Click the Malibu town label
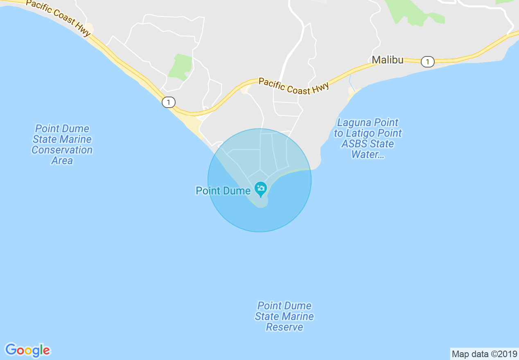point(387,60)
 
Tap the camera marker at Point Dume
point(260,189)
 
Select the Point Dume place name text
point(223,191)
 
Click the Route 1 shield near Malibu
point(427,62)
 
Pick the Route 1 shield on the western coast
point(168,102)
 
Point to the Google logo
point(27,350)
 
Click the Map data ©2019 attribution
point(484,354)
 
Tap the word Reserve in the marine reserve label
point(284,327)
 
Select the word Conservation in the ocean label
point(62,150)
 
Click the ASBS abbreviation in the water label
point(355,144)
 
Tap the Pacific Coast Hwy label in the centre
point(293,87)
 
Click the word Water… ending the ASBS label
point(368,155)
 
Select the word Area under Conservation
point(62,161)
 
